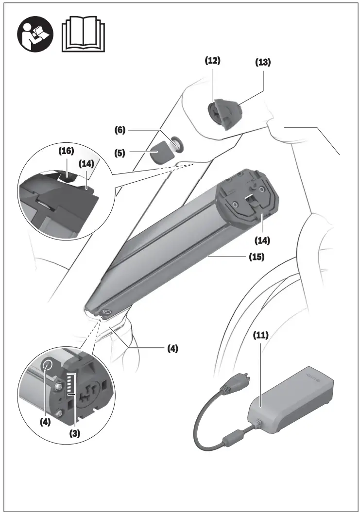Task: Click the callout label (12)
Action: [212, 61]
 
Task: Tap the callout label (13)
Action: [263, 62]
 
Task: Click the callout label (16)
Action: [66, 151]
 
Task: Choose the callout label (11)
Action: [260, 335]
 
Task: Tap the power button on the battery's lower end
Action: [107, 312]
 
